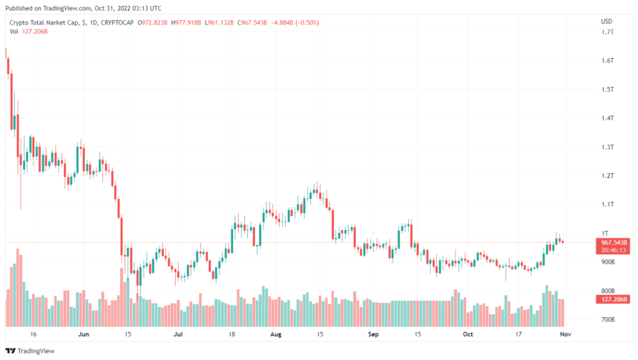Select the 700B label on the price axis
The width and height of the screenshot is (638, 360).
tap(607, 320)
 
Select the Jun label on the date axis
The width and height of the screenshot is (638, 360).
tap(83, 335)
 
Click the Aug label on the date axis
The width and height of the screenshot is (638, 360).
tap(276, 335)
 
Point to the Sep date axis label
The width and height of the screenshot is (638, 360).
tap(374, 335)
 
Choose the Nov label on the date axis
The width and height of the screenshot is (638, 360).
tap(564, 335)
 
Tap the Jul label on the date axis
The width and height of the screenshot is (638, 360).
tap(178, 335)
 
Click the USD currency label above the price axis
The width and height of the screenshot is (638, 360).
tap(606, 21)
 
